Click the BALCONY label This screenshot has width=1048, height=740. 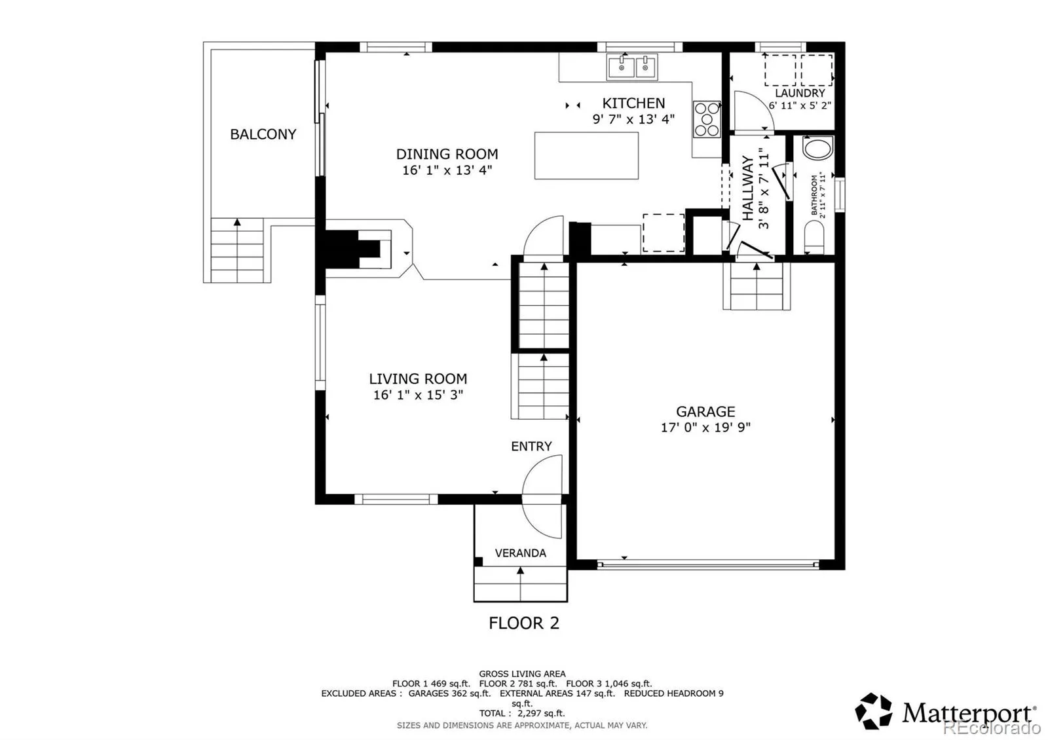(x=263, y=134)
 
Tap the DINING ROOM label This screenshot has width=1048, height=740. (x=447, y=154)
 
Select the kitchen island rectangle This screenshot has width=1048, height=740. (x=586, y=155)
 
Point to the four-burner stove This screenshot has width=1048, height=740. (x=707, y=119)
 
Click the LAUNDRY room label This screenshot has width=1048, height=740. (x=800, y=93)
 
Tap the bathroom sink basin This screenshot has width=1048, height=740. (x=818, y=148)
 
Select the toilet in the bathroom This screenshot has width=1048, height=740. (x=814, y=236)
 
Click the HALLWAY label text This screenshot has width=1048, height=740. (x=748, y=188)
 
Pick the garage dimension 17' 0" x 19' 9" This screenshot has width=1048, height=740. (x=705, y=428)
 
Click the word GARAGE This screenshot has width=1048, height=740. (x=705, y=412)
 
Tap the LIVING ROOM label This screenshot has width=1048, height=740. (x=418, y=379)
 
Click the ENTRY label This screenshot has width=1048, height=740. (x=531, y=446)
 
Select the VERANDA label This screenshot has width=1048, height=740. (x=520, y=553)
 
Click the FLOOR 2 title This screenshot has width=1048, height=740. (x=523, y=623)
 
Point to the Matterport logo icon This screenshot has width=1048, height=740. (x=873, y=711)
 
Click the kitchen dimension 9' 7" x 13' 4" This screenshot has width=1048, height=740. (x=633, y=119)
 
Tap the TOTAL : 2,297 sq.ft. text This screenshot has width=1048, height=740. (x=521, y=713)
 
